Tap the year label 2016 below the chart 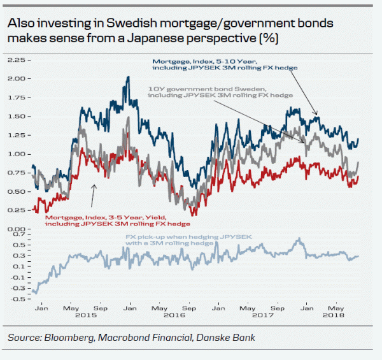pyautogui.click(x=173, y=315)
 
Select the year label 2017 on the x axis pyautogui.click(x=262, y=315)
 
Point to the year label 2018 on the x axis pyautogui.click(x=333, y=315)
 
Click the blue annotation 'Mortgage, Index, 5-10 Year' pyautogui.click(x=203, y=62)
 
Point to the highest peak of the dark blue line pyautogui.click(x=128, y=78)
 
